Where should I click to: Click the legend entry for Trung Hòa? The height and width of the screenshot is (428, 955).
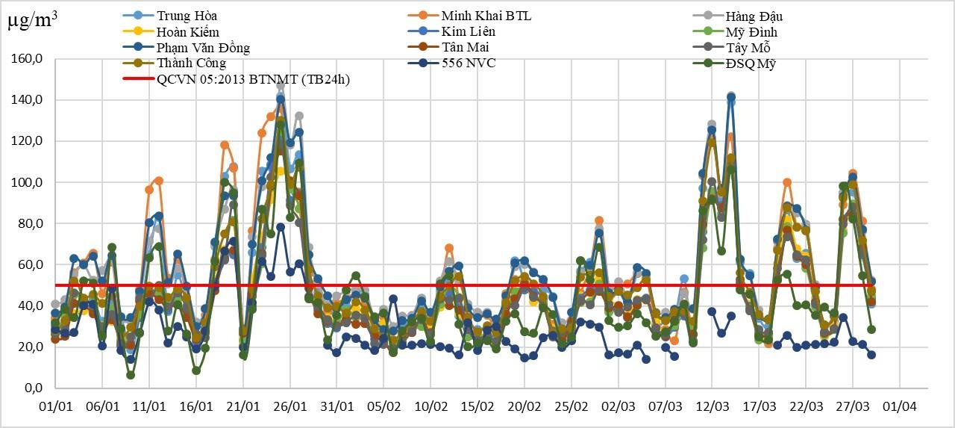pos(187,16)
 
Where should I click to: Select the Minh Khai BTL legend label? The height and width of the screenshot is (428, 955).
pos(486,16)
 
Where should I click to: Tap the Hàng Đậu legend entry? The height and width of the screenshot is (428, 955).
pos(754,16)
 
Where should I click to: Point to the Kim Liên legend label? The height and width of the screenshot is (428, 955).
pos(468,31)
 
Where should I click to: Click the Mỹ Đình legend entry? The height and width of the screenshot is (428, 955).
pos(751,32)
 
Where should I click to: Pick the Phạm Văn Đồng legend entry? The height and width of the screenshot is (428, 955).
pos(203,48)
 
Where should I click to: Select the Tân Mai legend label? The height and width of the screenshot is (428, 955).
pos(465,47)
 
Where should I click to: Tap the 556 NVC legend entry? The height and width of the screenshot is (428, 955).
pos(468,63)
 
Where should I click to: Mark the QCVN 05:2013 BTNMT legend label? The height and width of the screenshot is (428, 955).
pos(253,79)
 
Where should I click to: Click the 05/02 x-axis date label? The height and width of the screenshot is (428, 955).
pos(383,407)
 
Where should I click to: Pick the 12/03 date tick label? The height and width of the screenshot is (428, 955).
pos(711,407)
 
